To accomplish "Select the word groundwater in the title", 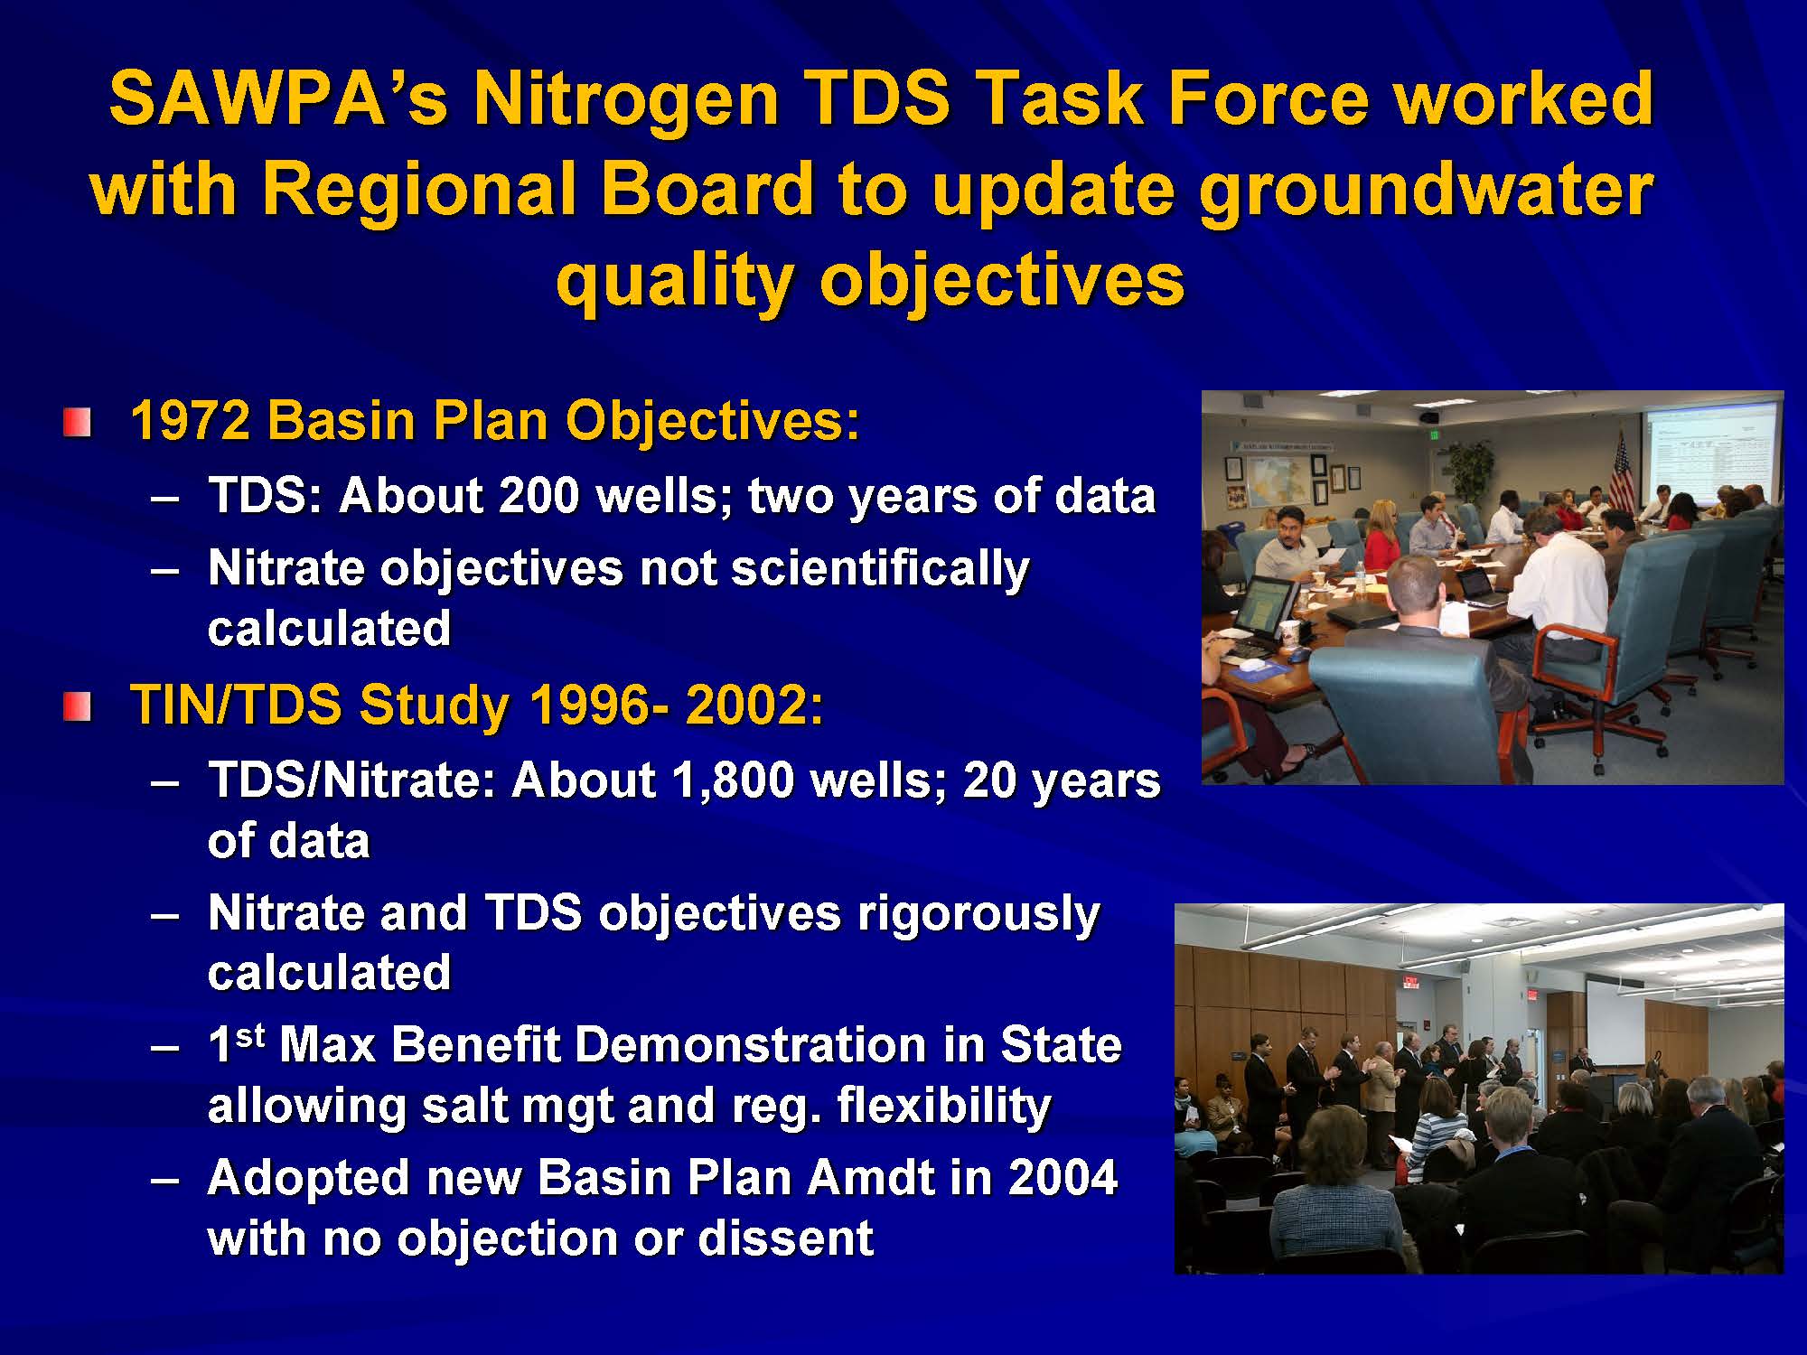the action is pos(1427,191).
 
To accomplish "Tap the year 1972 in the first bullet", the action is pos(191,421).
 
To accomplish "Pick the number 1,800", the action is pos(732,780).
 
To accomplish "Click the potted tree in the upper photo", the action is pos(1470,470).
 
